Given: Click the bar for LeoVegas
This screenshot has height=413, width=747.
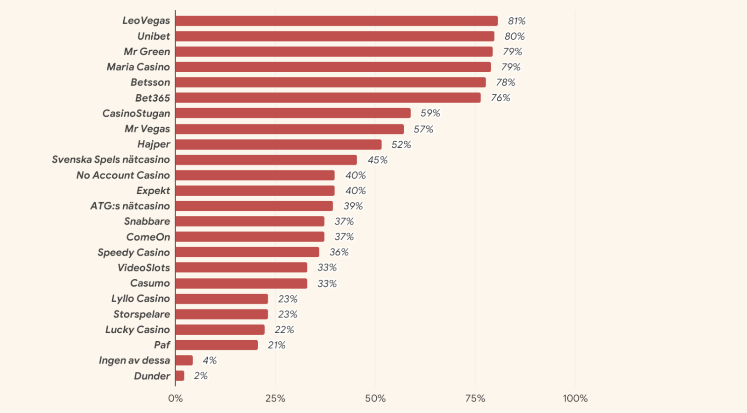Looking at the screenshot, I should (x=336, y=21).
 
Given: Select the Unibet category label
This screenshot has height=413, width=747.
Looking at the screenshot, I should (x=154, y=36).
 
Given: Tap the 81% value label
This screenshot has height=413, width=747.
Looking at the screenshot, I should (x=516, y=21).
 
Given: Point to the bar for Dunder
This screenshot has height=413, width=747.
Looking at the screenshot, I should (x=180, y=376).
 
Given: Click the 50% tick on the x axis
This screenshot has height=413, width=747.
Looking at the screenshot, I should (x=375, y=399).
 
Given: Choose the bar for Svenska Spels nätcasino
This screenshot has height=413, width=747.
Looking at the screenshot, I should (x=266, y=160).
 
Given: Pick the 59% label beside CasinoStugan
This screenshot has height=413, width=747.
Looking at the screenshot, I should (x=430, y=113).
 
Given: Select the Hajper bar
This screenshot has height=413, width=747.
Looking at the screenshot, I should (x=278, y=145).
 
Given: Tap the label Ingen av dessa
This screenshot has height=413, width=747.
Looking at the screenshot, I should (x=134, y=360).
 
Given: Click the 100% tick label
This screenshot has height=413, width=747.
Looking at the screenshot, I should (x=575, y=399).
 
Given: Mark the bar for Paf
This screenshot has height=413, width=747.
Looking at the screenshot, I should (x=217, y=345).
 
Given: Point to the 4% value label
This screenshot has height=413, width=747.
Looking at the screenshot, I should (x=210, y=360).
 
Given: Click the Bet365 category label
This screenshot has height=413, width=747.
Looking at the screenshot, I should (x=153, y=98).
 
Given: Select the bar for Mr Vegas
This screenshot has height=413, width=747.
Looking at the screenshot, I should (x=289, y=129).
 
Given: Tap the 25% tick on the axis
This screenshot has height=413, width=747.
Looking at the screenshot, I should (x=275, y=399).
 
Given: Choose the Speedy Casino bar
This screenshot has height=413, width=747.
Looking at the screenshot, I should (x=247, y=252).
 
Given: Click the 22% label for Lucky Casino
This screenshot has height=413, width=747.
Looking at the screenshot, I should (x=284, y=330).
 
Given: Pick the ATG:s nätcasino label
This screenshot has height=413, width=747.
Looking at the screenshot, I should (x=130, y=206).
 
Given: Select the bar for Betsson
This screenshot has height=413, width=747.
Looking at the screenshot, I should (x=331, y=83).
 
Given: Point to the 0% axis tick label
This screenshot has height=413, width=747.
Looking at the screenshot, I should (x=176, y=399).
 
